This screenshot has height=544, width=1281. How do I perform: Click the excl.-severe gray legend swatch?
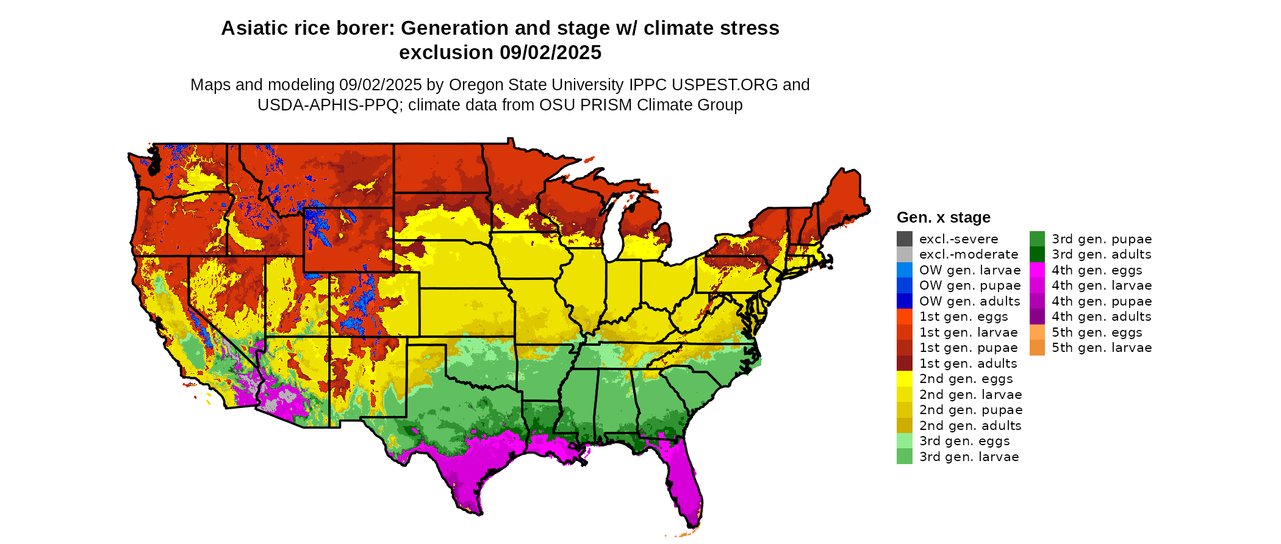pos(904,239)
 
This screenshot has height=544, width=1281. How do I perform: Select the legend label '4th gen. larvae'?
pos(1102,285)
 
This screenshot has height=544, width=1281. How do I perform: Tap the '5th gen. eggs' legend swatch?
pos(1037,332)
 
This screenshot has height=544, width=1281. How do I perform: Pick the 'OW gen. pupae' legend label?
pos(970,285)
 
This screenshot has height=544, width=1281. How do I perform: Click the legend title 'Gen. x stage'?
pos(943,218)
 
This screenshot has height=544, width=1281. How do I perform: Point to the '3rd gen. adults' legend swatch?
pos(1037,254)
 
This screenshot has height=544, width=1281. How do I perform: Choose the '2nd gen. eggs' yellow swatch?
pos(904,379)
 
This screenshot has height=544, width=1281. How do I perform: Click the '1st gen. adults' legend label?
pos(968,363)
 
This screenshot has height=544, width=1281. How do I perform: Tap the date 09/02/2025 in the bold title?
pos(551,53)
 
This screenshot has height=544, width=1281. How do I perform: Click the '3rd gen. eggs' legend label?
pos(964,441)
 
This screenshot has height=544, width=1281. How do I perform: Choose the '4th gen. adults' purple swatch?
pos(1037,317)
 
